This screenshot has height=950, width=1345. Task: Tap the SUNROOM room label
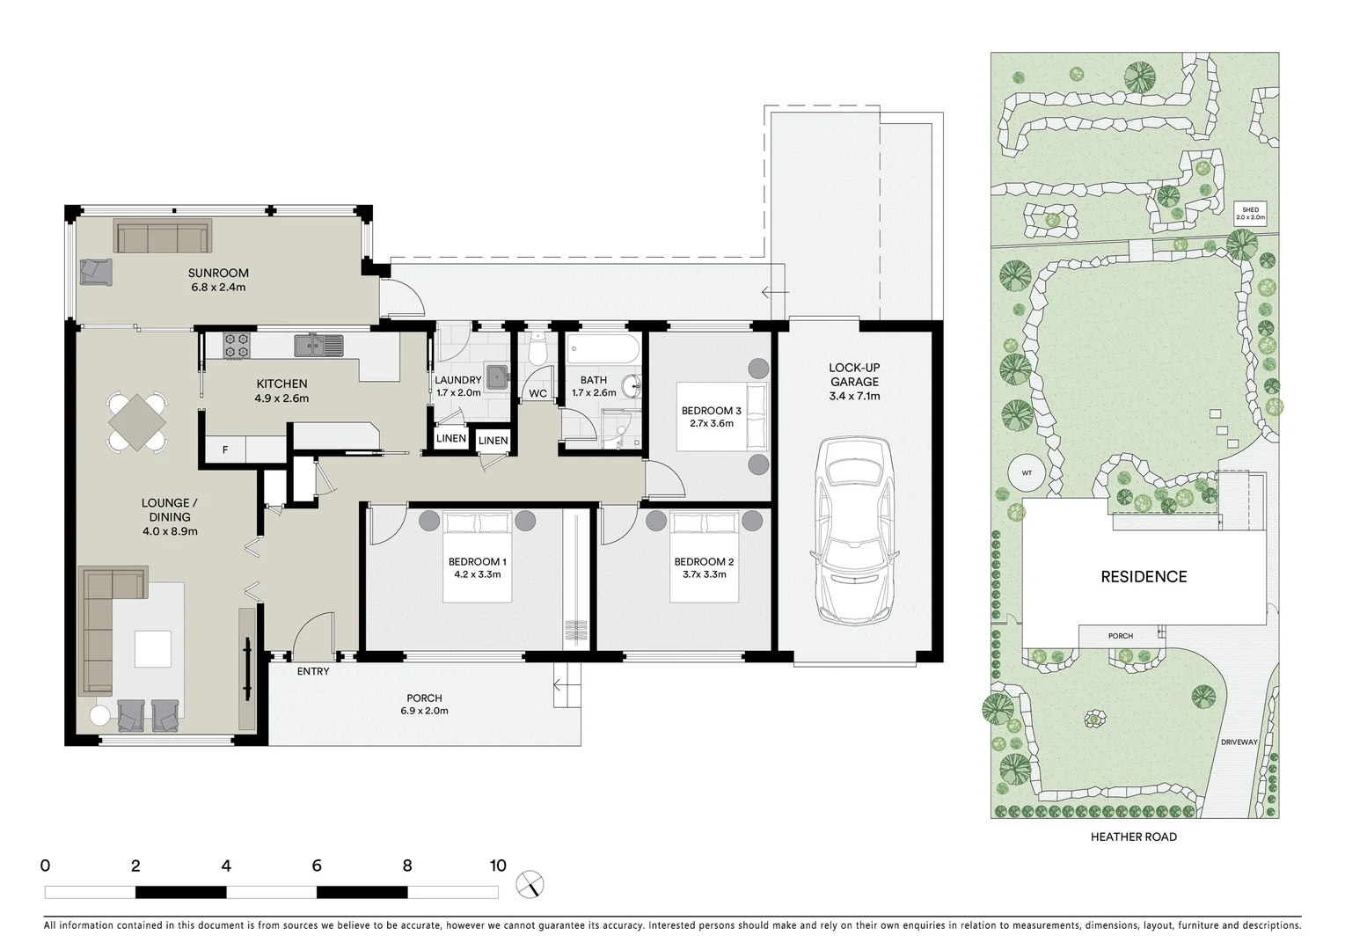point(218,274)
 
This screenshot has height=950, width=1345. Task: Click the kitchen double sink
point(319,346)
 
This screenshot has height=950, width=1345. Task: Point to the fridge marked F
point(225,449)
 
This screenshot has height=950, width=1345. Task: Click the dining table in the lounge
point(137,422)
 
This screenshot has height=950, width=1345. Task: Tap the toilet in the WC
point(538,351)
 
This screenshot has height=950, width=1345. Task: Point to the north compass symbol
point(530,883)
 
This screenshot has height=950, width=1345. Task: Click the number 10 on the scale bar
point(498,866)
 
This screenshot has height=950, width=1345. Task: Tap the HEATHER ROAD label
point(1133,837)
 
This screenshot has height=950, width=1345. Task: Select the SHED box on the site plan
point(1250,214)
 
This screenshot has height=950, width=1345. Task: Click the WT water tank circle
point(1027,473)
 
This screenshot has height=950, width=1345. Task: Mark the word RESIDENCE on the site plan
point(1144,577)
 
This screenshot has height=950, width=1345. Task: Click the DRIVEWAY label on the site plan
point(1239,742)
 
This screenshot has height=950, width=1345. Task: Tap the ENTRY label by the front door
point(313,671)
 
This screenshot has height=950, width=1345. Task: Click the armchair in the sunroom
point(96,271)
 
